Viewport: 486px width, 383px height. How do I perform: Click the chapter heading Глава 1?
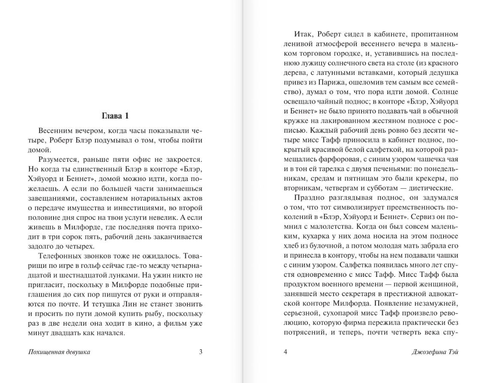[115, 116]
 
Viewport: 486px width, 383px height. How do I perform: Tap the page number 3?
[200, 352]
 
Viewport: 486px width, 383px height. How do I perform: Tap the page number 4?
[285, 352]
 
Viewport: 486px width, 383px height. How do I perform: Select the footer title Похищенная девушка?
[59, 352]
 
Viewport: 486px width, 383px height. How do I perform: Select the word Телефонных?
[58, 256]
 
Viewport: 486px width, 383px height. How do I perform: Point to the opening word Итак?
[303, 34]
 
